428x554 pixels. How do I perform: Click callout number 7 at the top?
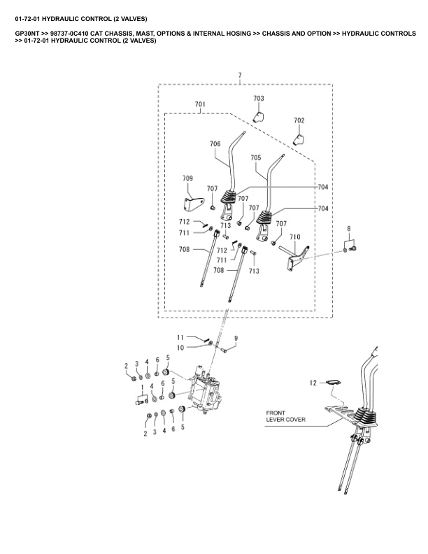click(x=239, y=75)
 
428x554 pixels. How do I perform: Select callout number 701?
click(x=200, y=104)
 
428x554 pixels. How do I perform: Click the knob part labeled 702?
click(x=299, y=138)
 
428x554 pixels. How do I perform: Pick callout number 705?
click(x=255, y=158)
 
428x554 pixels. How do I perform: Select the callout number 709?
click(x=188, y=178)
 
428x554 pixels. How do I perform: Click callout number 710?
click(x=294, y=236)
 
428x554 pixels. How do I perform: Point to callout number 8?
click(x=350, y=228)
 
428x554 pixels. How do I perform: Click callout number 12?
click(x=313, y=382)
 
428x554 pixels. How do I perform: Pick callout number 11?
click(x=180, y=337)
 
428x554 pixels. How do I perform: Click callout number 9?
click(x=236, y=338)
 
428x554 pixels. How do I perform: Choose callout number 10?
click(x=180, y=347)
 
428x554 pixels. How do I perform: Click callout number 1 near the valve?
click(x=142, y=387)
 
